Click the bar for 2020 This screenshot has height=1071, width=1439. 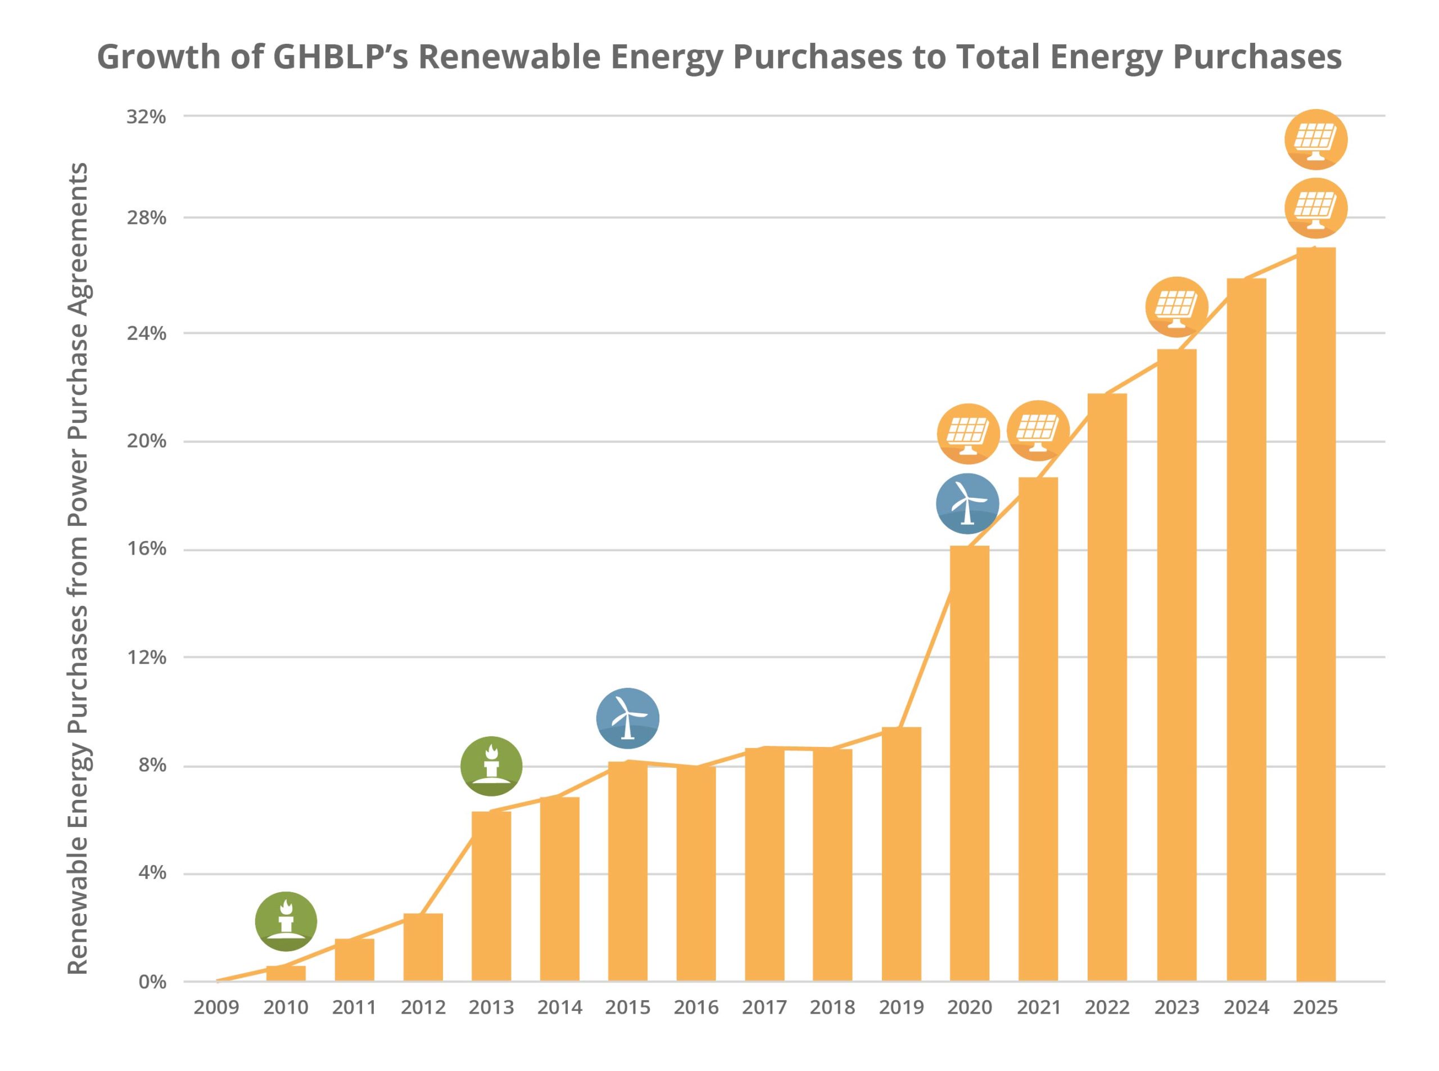click(969, 765)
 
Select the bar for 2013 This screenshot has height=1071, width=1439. click(491, 898)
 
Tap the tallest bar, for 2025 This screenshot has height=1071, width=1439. click(1315, 616)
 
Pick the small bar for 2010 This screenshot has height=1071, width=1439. click(286, 974)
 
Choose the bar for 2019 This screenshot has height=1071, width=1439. click(901, 856)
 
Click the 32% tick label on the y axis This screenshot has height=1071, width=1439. click(146, 118)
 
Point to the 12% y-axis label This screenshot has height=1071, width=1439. click(146, 658)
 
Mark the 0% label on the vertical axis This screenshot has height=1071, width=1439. click(152, 982)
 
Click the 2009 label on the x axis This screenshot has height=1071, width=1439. click(216, 1007)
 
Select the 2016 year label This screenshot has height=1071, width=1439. click(696, 1007)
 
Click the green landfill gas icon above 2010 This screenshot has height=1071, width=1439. click(286, 921)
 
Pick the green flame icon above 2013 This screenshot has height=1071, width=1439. click(491, 766)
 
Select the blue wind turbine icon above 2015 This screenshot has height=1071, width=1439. click(627, 718)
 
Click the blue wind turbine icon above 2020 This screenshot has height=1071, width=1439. click(967, 504)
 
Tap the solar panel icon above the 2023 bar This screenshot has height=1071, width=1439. click(1176, 307)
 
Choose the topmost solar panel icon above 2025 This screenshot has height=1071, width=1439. click(1315, 139)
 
